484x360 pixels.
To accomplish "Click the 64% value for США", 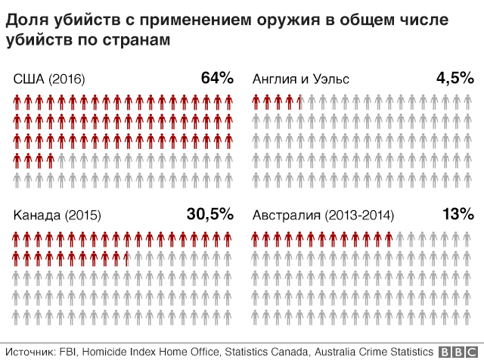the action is click(217, 78).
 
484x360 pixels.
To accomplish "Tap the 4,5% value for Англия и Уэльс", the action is click(455, 78).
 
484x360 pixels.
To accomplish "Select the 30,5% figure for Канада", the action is click(210, 214).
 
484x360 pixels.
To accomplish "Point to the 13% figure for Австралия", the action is click(458, 213).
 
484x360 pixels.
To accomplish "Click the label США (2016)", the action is click(49, 79).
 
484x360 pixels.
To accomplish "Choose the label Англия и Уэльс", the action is click(301, 79).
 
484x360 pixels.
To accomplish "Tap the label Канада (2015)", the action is click(57, 215).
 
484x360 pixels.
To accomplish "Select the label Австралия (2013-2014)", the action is click(323, 215).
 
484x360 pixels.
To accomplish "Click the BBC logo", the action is click(458, 352).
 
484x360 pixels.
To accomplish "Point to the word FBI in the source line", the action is click(67, 352).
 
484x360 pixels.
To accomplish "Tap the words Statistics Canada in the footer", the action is click(266, 352).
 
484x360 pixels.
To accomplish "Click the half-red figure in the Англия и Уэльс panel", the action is click(300, 102).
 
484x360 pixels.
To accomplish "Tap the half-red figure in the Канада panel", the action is click(127, 259).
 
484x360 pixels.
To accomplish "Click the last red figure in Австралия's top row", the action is click(389, 239).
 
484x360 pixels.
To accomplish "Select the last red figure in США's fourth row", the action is click(51, 161).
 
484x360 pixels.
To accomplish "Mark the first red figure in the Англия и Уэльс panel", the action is click(256, 102).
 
